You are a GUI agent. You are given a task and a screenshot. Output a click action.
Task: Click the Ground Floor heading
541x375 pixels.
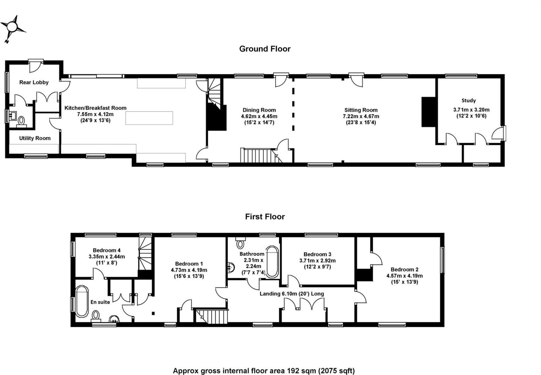(265, 49)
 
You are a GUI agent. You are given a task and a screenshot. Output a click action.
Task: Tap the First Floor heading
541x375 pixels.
(265, 217)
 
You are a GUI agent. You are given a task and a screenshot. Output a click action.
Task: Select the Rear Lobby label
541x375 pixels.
(34, 82)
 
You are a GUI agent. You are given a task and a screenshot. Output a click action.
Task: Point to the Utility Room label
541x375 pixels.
(35, 138)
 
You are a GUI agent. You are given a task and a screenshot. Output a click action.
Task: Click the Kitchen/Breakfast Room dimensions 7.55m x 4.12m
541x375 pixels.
(95, 114)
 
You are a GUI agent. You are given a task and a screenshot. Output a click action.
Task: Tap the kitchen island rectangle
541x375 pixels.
(149, 118)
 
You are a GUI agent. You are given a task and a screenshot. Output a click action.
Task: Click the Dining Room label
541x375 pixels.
(259, 110)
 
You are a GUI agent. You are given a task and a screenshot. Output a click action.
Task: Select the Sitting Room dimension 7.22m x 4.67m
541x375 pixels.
(361, 116)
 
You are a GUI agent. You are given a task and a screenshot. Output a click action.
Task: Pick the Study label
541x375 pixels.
(468, 100)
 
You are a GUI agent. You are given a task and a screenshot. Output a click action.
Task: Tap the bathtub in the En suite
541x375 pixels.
(82, 301)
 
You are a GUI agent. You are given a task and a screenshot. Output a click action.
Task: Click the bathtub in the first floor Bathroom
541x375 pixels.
(272, 262)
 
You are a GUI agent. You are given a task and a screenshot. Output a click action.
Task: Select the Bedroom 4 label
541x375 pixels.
(107, 250)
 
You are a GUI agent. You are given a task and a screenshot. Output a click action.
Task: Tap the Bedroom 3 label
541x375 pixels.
(317, 254)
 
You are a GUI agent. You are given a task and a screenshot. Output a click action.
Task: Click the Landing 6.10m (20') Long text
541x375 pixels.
(292, 294)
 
